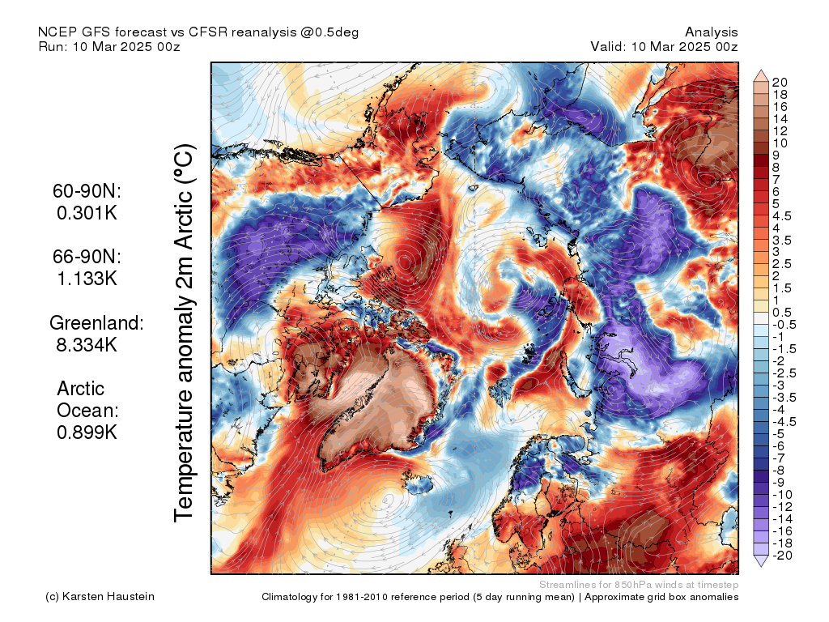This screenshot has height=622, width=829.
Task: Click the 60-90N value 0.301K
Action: [87, 213]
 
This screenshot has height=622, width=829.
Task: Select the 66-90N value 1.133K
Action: [87, 279]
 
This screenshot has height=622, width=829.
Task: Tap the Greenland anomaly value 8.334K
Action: [87, 345]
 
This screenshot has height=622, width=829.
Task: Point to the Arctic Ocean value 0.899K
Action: [87, 432]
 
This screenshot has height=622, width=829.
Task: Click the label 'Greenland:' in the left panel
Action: [97, 322]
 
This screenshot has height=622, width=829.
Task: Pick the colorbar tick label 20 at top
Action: [780, 83]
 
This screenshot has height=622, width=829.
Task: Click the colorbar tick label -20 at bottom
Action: [782, 556]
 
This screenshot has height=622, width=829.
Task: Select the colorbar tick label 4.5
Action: [782, 216]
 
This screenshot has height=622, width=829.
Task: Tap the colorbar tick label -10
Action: [782, 495]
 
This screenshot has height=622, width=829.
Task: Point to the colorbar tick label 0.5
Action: [782, 313]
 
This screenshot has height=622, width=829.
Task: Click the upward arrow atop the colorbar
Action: [761, 75]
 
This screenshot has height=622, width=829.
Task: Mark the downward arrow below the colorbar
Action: [761, 561]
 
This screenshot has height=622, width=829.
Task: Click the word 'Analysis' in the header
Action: [711, 32]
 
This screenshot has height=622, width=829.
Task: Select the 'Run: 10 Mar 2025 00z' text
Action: [109, 46]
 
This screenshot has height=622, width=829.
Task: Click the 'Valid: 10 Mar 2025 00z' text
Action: [664, 46]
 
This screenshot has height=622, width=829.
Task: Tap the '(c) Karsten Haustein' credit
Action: [100, 597]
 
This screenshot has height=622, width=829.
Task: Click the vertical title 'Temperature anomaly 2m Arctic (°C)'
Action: [184, 333]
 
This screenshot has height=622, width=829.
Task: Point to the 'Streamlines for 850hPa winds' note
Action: [639, 585]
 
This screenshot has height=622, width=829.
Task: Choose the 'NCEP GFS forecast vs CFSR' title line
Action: [198, 32]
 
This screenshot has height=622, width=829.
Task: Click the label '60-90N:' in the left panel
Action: [87, 191]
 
